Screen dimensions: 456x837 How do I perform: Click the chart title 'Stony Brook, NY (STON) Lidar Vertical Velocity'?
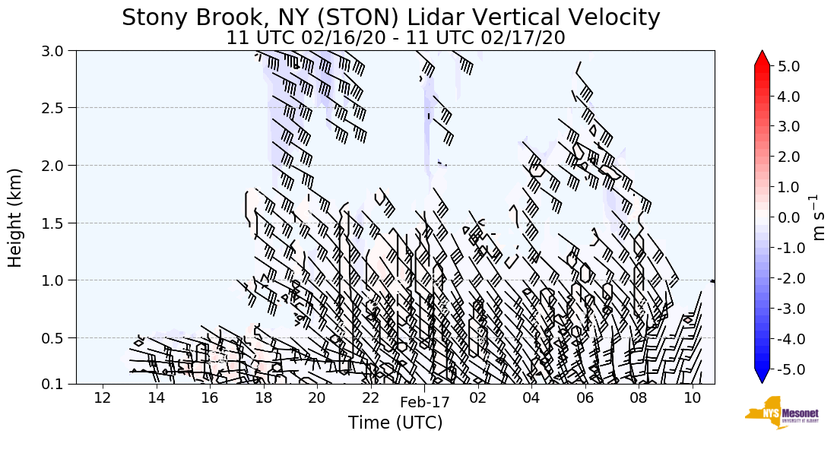point(391,17)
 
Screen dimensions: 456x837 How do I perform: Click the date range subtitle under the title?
point(395,38)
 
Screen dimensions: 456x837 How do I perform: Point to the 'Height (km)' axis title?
point(15,217)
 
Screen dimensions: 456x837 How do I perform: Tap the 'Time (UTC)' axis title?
point(395,423)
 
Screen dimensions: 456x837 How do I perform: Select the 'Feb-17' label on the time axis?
point(425,403)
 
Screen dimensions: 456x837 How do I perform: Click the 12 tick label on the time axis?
point(103,397)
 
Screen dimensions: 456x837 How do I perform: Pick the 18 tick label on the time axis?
point(263,397)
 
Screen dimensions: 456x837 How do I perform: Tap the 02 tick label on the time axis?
point(478,397)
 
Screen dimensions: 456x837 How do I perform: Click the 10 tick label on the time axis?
point(692,397)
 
